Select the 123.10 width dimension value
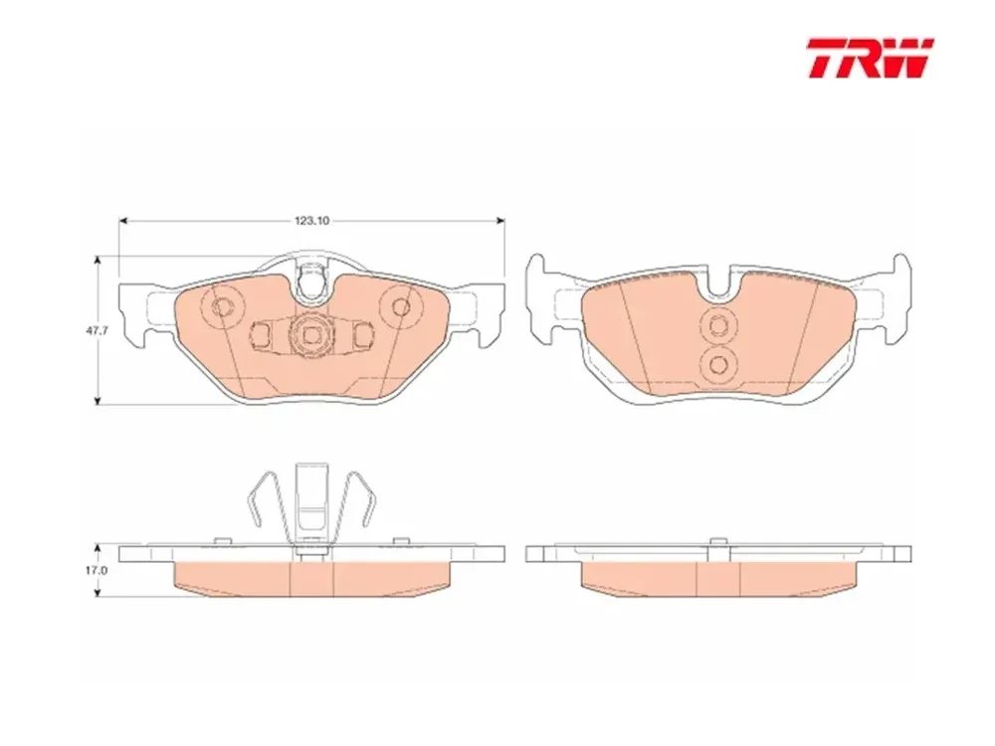coord(311,221)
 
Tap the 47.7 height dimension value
coord(95,330)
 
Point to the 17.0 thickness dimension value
coord(97,570)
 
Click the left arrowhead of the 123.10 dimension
coord(123,221)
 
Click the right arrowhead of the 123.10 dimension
coord(500,221)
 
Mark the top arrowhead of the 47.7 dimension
coord(98,260)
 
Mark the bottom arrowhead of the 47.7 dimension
coord(98,399)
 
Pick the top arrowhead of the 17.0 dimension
coord(98,547)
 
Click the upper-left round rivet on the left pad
coord(222,308)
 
